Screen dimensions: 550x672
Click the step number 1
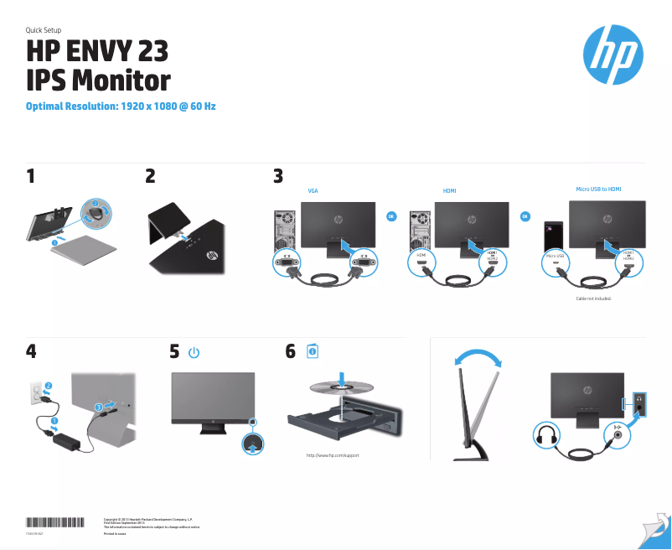coord(31,177)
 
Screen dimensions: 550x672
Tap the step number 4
coord(31,352)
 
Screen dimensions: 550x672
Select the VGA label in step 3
coord(313,191)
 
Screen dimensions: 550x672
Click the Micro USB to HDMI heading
coord(598,189)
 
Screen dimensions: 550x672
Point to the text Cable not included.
coord(594,298)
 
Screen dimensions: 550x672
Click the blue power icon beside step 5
coord(194,353)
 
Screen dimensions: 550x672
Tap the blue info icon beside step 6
coord(312,351)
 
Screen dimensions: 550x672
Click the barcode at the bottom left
coord(55,521)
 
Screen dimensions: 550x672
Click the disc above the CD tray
coord(344,388)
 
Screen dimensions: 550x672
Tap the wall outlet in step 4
coord(37,393)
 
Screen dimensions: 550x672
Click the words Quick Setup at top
coord(44,30)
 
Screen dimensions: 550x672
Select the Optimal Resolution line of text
coord(121,106)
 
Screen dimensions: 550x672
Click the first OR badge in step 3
coord(390,217)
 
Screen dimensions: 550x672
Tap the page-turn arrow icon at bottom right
coord(656,529)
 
